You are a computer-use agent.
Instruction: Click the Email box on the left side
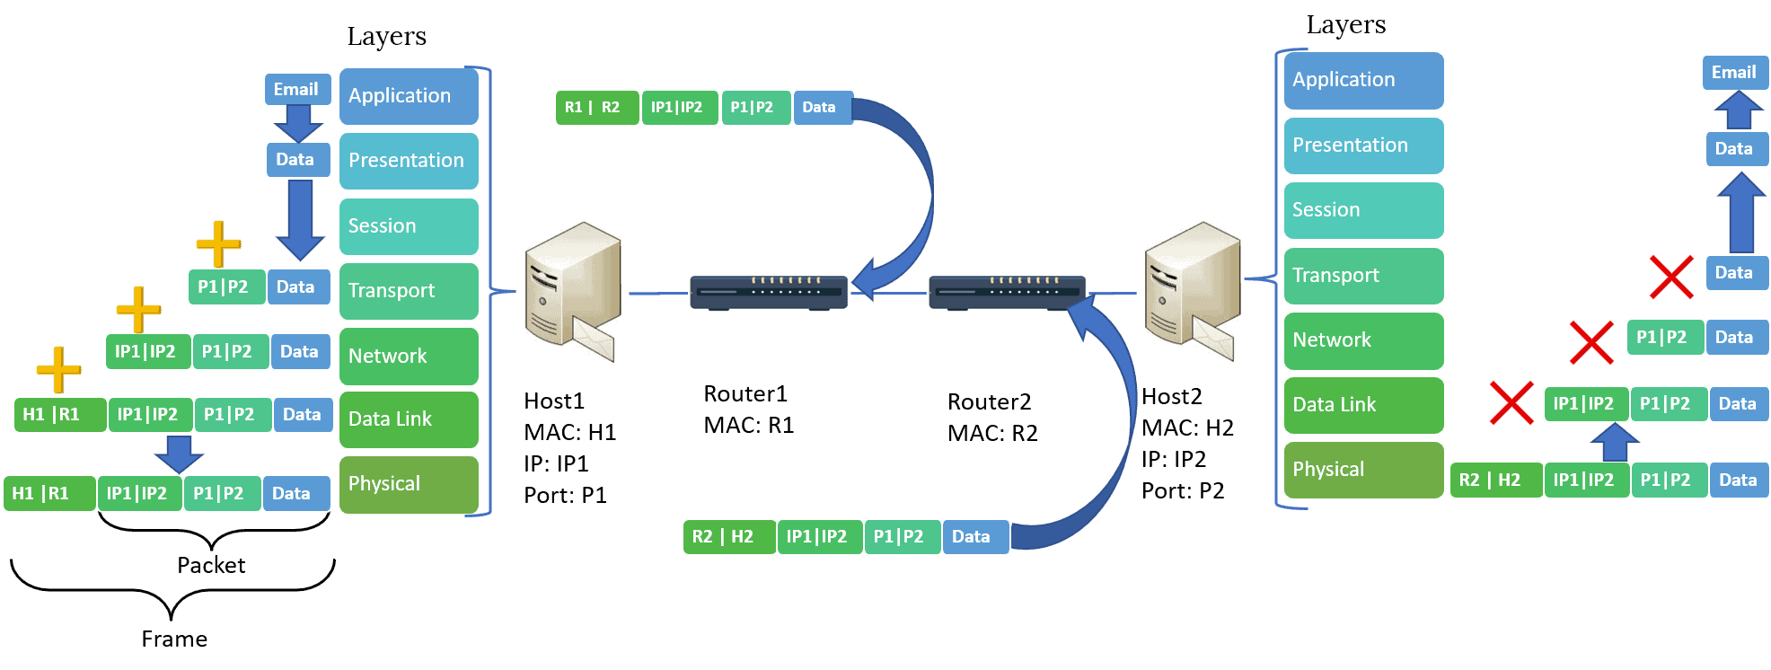point(296,89)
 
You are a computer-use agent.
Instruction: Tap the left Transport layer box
point(409,291)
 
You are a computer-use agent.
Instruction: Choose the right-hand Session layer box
point(1362,210)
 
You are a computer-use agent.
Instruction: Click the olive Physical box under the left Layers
point(409,484)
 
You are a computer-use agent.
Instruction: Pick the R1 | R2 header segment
point(595,108)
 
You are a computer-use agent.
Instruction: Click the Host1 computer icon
point(572,293)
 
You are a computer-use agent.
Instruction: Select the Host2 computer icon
point(1192,293)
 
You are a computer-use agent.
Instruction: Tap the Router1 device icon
point(768,292)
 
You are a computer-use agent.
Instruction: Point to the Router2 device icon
point(1006,292)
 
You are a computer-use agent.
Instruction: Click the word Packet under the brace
point(211,565)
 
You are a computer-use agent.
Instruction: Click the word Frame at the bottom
point(174,639)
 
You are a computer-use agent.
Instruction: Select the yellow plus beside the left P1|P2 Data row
point(218,243)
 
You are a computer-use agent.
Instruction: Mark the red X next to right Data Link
point(1511,402)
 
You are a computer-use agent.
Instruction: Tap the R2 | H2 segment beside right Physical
point(1495,480)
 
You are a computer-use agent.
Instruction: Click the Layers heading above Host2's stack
point(1345,25)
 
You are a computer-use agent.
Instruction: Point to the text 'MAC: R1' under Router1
point(748,425)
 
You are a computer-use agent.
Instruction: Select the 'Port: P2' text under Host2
point(1182,491)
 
